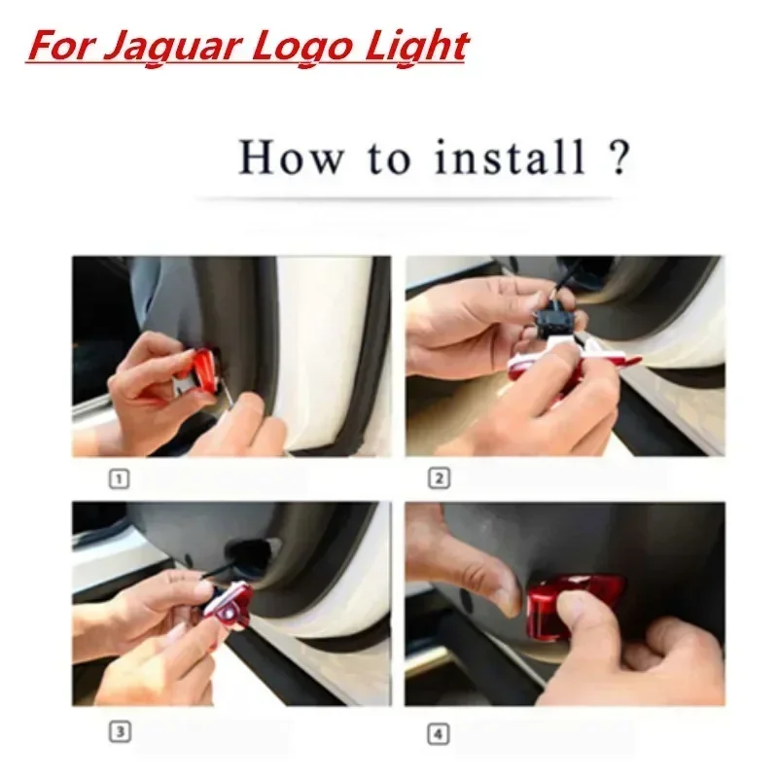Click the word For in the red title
[x=61, y=46]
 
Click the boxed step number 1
[x=119, y=478]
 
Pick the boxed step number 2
[x=439, y=478]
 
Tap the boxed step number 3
[x=120, y=731]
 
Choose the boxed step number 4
[x=439, y=734]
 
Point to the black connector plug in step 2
[x=556, y=323]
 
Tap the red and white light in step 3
[x=230, y=607]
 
